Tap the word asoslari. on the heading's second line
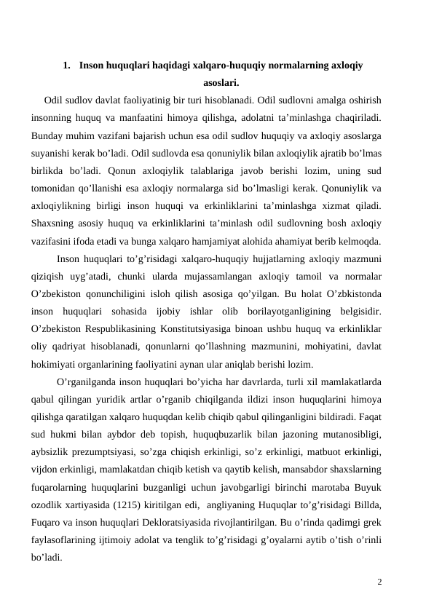(x=217, y=82)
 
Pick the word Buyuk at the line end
(x=372, y=487)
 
